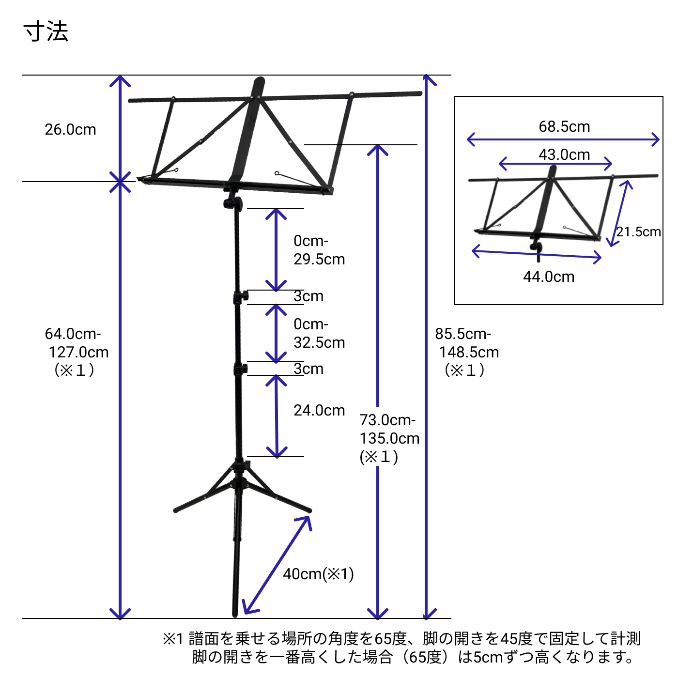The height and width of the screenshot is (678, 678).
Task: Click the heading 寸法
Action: point(46,32)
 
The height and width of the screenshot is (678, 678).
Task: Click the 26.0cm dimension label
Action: point(70,130)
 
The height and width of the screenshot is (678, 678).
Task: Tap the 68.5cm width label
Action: point(564,127)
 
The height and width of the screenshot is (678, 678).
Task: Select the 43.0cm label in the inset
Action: point(564,155)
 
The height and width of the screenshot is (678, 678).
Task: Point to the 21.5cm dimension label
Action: point(638,232)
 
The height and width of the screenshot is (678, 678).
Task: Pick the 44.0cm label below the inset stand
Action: point(549,277)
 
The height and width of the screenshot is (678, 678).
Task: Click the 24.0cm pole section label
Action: point(319,411)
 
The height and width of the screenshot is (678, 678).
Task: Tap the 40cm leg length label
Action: point(318,574)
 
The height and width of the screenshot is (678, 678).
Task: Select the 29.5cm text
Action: point(319,260)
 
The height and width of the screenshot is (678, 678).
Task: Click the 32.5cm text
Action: point(319,343)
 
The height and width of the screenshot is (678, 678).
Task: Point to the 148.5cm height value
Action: point(469,353)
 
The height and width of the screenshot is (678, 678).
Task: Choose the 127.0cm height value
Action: point(78,353)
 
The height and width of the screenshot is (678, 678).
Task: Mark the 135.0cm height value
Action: point(389,439)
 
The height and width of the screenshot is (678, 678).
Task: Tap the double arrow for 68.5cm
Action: point(563,140)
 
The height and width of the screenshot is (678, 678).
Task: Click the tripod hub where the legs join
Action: point(239,468)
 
